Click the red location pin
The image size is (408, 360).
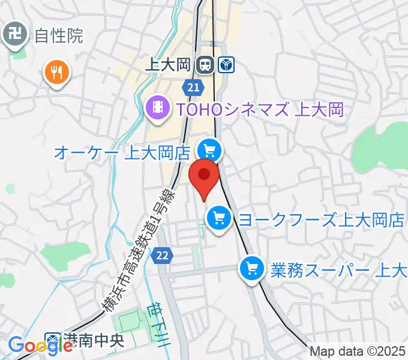(x=204, y=176)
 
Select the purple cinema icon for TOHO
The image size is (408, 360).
(x=157, y=109)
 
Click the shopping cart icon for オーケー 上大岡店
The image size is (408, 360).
(x=210, y=149)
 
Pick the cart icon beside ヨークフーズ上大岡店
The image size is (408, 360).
(x=218, y=217)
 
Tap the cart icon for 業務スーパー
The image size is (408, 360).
(x=251, y=268)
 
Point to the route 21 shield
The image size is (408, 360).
(x=192, y=88)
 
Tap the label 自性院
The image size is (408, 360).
(x=58, y=37)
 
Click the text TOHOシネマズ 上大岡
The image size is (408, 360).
(x=259, y=109)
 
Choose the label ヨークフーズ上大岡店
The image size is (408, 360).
(x=322, y=219)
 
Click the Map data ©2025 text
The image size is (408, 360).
(x=358, y=352)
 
